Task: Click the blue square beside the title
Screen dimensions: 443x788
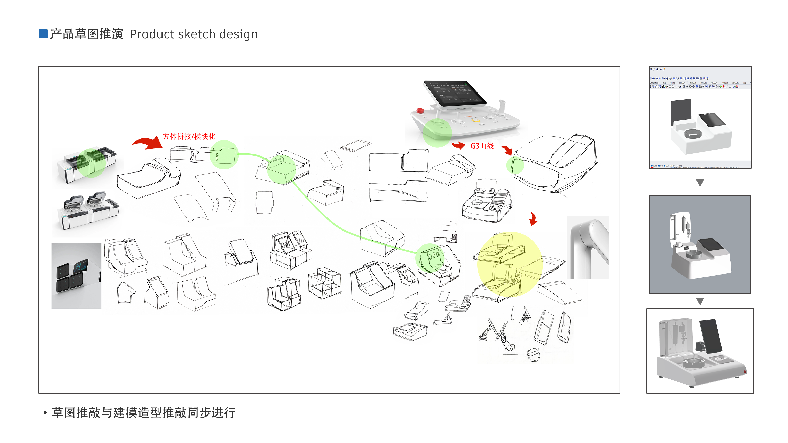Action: click(43, 34)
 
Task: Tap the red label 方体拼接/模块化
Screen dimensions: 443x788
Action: click(189, 136)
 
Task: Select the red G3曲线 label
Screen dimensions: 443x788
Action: click(482, 146)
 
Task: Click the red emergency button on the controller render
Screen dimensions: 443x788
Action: click(420, 110)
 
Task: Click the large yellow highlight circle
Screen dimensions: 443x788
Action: click(509, 264)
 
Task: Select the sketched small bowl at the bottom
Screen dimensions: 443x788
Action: click(533, 355)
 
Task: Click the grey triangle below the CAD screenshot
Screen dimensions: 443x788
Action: click(700, 183)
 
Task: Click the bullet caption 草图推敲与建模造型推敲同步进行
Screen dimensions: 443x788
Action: click(143, 412)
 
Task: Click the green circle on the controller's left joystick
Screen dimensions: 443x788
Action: click(437, 133)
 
